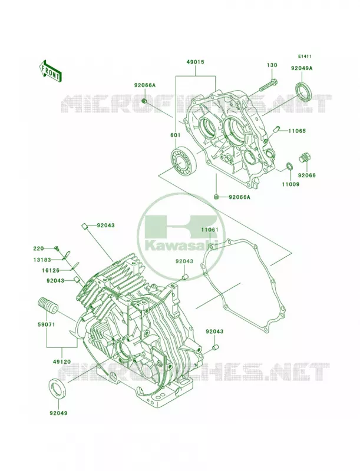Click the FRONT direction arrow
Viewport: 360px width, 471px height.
coord(51,71)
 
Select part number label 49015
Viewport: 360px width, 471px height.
coord(196,62)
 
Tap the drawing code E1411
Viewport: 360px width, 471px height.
coord(305,56)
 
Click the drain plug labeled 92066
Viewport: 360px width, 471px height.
coord(306,157)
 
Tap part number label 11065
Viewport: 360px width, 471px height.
coord(297,131)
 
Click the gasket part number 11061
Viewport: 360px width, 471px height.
coord(209,230)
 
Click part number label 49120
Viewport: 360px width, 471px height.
coord(62,361)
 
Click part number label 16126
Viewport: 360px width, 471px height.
coord(51,271)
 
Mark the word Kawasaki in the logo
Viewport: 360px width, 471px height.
coord(181,246)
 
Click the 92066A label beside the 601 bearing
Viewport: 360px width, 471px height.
coord(145,85)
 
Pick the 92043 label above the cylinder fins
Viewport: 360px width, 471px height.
coord(105,225)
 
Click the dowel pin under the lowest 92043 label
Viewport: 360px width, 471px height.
coord(214,348)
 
